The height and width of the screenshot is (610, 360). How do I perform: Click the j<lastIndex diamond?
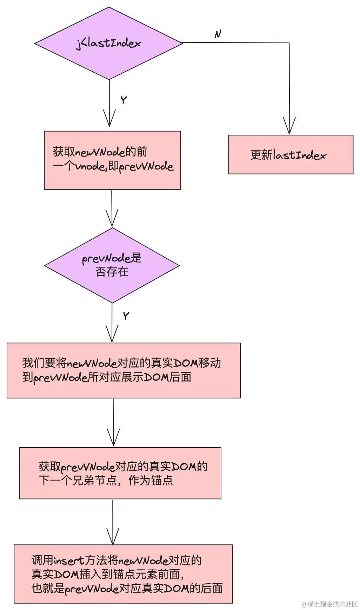109,44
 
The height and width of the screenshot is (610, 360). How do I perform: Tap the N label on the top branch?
218,34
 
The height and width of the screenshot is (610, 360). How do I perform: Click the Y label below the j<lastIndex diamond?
124,100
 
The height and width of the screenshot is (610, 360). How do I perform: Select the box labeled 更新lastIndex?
291,154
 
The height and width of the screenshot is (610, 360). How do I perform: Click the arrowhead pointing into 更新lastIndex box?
289,126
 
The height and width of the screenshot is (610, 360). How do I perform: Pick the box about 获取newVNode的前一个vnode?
112,160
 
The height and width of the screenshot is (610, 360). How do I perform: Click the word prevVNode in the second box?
146,167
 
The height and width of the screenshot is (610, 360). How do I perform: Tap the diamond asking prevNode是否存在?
112,265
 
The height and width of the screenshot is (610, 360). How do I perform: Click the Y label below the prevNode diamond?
126,316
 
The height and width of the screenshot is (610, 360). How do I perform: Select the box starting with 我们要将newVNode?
124,370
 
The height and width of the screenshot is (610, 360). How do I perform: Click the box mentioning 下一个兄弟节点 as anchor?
120,473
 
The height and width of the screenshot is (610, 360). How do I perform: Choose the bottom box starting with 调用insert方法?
123,574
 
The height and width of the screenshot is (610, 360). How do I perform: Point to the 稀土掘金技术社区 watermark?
329,604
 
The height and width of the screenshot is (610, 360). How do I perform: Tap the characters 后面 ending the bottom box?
212,588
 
